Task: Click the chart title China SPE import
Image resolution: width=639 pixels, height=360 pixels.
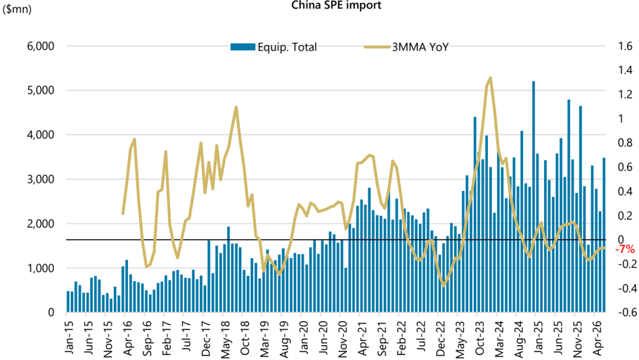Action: tap(336, 6)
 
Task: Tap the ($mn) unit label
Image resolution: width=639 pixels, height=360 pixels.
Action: tap(17, 8)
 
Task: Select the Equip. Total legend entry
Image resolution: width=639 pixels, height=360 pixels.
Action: tap(273, 47)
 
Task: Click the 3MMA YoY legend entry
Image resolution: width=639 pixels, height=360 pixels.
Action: tap(406, 47)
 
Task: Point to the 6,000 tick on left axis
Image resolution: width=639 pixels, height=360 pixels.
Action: tap(41, 46)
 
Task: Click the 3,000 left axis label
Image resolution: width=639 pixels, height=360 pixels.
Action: tap(41, 179)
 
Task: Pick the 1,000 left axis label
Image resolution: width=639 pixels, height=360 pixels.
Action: tap(41, 269)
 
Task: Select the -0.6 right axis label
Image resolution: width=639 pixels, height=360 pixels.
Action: tap(623, 312)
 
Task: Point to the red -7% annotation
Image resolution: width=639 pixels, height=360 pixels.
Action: tap(625, 249)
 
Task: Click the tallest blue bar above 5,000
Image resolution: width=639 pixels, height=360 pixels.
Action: tap(534, 196)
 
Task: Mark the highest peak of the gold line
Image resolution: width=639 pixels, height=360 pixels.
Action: tap(490, 77)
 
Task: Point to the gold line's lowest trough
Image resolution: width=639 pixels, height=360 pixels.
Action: tap(444, 285)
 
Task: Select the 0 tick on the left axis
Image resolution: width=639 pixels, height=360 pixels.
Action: tap(51, 313)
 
